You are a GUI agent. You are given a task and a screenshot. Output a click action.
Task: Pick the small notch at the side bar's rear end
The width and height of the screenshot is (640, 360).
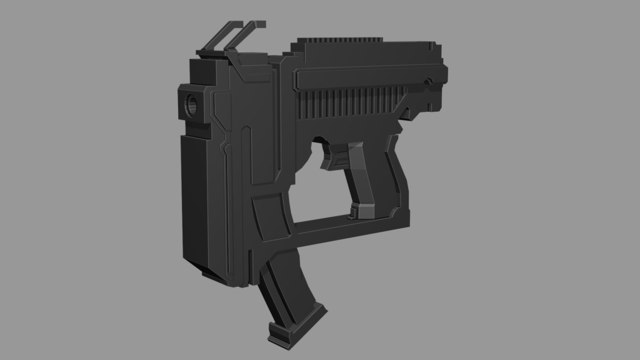coord(428,81)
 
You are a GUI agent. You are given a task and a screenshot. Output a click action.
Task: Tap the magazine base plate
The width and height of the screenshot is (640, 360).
coord(297,325)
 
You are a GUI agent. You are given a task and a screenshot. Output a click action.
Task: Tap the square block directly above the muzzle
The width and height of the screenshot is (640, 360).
coord(200,69)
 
